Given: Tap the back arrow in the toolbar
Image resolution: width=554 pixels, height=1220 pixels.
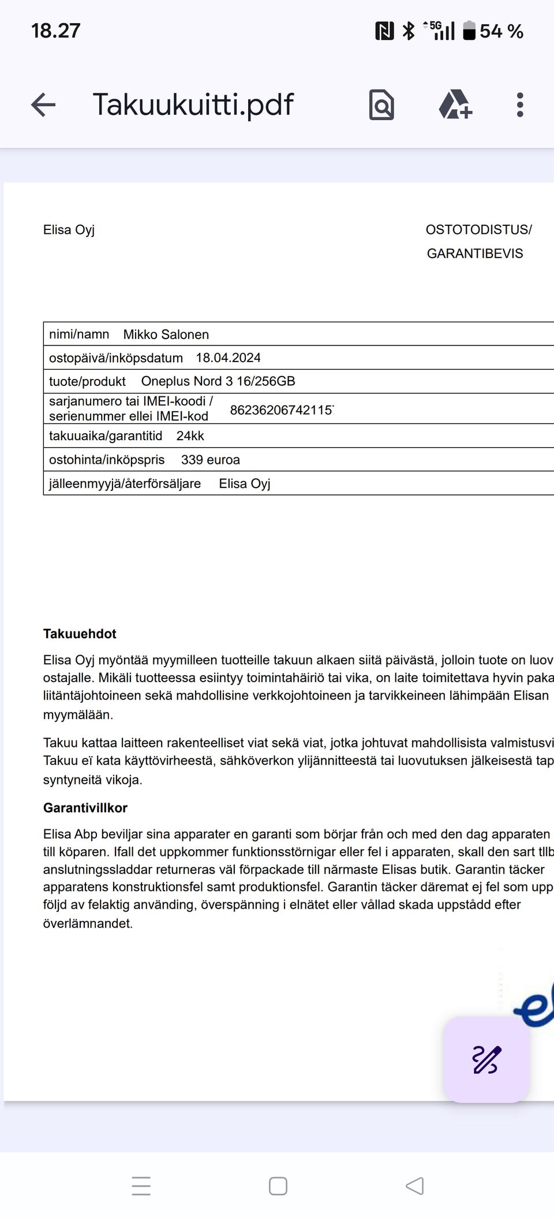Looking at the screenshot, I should (43, 105).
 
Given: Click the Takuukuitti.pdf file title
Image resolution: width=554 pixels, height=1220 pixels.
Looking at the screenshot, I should (193, 105).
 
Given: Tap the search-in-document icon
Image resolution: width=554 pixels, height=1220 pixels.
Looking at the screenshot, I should (381, 105).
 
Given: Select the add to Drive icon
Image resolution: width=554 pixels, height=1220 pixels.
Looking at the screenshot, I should (455, 105).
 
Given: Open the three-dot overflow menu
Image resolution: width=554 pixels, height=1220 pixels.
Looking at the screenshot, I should (520, 105).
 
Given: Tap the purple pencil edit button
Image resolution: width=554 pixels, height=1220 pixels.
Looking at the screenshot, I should (486, 1059).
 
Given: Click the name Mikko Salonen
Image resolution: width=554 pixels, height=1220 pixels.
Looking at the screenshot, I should (166, 334).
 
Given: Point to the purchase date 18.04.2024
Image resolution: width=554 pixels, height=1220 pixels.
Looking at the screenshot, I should (228, 358).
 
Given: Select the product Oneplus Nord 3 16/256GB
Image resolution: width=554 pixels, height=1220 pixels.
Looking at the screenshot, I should (218, 381).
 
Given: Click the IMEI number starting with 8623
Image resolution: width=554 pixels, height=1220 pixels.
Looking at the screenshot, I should (282, 410).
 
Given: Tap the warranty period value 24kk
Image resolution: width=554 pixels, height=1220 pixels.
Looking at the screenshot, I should (190, 436).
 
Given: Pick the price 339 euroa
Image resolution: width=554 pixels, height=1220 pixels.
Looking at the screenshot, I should (210, 460).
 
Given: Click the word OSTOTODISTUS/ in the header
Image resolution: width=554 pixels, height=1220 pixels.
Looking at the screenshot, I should (478, 230).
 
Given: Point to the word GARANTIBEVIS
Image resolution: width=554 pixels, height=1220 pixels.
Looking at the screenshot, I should (475, 254).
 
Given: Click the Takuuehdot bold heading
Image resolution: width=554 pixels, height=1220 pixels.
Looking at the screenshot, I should (80, 634).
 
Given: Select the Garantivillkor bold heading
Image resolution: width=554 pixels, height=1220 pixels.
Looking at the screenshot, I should (85, 808).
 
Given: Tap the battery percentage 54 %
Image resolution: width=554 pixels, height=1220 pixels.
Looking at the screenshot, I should (501, 31).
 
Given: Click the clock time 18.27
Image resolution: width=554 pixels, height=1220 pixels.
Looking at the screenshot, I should (55, 31).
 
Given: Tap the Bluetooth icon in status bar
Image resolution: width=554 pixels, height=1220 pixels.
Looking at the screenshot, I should (409, 31).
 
